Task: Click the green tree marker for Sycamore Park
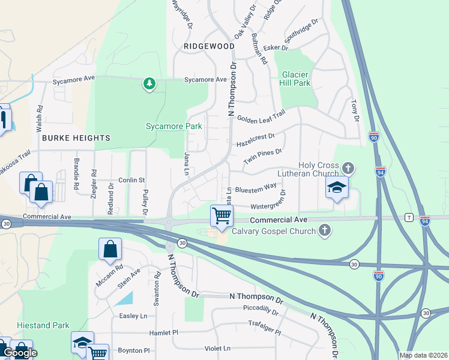coord(149,84)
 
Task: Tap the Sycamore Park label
coord(174,127)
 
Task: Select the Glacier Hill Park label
coord(296,79)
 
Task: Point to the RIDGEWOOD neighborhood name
coord(209,46)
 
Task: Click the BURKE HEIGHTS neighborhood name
coord(76,138)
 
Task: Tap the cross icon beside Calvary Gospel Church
coord(325,230)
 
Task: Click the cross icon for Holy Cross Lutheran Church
coord(348,168)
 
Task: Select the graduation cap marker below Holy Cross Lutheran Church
coord(337,188)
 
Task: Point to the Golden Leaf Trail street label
coord(261,118)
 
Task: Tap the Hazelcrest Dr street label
coord(255,140)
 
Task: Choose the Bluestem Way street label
coord(256,189)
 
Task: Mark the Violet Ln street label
coord(218,348)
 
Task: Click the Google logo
coord(19,353)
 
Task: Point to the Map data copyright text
coord(423,355)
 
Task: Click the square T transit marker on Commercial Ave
coord(409,217)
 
